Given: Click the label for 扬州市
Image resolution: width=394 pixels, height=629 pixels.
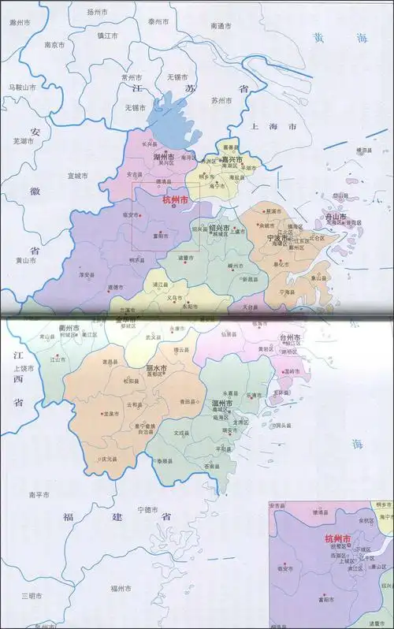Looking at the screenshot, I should (96, 13).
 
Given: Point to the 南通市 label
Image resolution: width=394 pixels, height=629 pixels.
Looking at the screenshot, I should (222, 26).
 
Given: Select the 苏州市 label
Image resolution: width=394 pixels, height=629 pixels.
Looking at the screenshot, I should (221, 100).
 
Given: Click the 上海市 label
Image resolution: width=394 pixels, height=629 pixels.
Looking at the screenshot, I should (271, 126).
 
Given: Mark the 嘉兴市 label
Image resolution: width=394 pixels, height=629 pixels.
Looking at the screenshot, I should (230, 160).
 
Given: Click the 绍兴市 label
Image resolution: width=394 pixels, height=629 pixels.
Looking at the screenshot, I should (219, 228).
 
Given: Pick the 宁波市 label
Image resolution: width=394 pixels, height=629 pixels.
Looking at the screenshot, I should (281, 238).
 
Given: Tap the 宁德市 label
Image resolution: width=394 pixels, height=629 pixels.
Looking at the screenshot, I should (149, 510).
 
